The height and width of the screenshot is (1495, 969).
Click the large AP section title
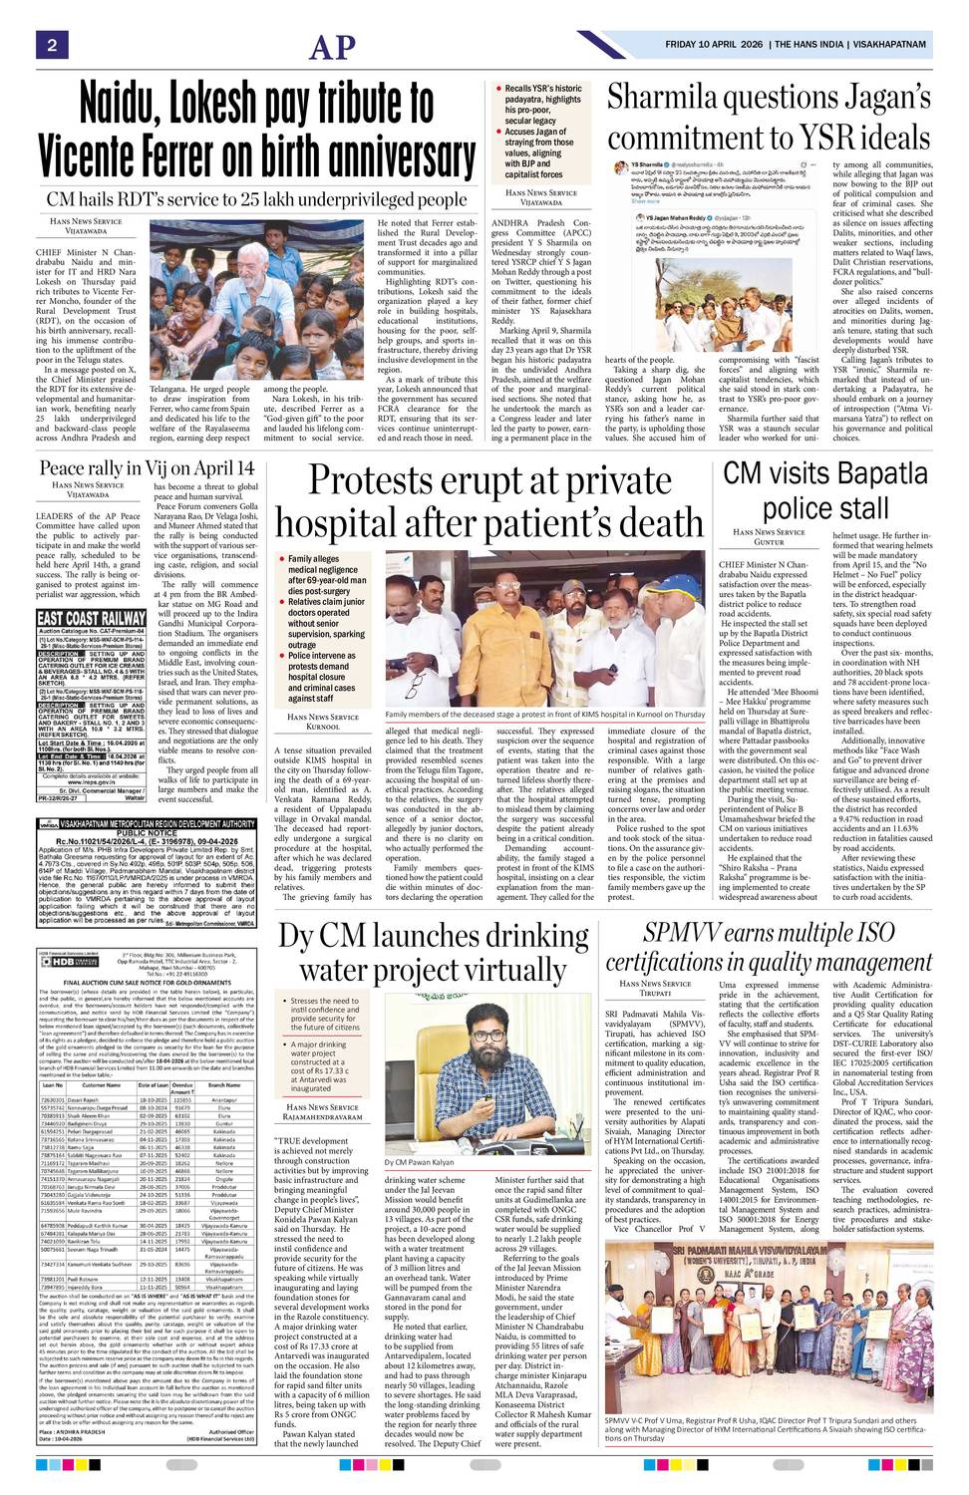332,47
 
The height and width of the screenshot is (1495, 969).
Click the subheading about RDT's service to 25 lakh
257,199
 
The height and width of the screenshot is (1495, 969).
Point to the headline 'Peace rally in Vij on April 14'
147,467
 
